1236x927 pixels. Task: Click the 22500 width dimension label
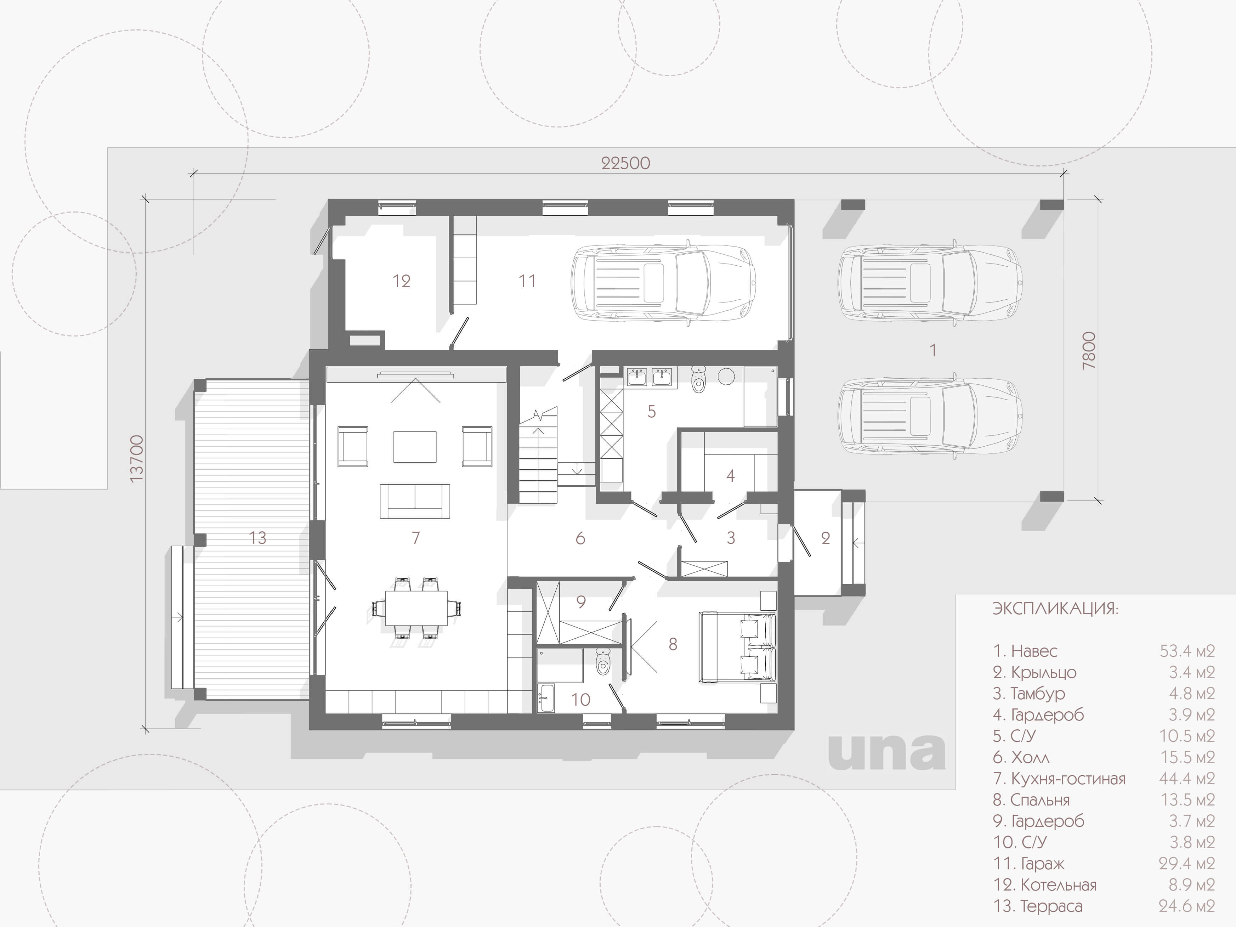point(625,163)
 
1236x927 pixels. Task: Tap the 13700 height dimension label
point(136,459)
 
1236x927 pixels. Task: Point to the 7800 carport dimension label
point(1089,350)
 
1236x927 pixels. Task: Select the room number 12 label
point(401,281)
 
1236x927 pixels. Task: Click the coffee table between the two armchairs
point(415,446)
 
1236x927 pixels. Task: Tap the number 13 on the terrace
point(257,538)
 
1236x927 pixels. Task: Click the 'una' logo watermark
point(887,752)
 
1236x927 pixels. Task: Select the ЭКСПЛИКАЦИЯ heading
point(1055,609)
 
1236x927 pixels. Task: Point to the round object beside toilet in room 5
point(726,376)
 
